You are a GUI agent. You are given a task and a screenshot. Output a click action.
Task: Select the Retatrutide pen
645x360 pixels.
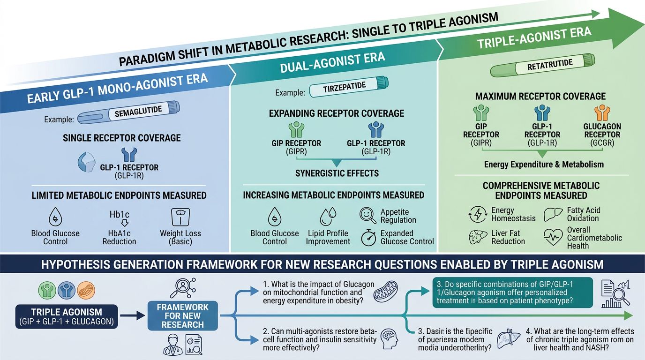[542, 66]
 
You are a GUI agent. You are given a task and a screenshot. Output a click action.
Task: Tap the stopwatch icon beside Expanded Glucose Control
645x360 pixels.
[368, 237]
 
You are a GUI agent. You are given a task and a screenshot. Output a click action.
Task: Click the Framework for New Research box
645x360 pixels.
[183, 315]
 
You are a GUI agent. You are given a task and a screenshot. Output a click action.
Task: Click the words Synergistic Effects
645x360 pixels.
[337, 173]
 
